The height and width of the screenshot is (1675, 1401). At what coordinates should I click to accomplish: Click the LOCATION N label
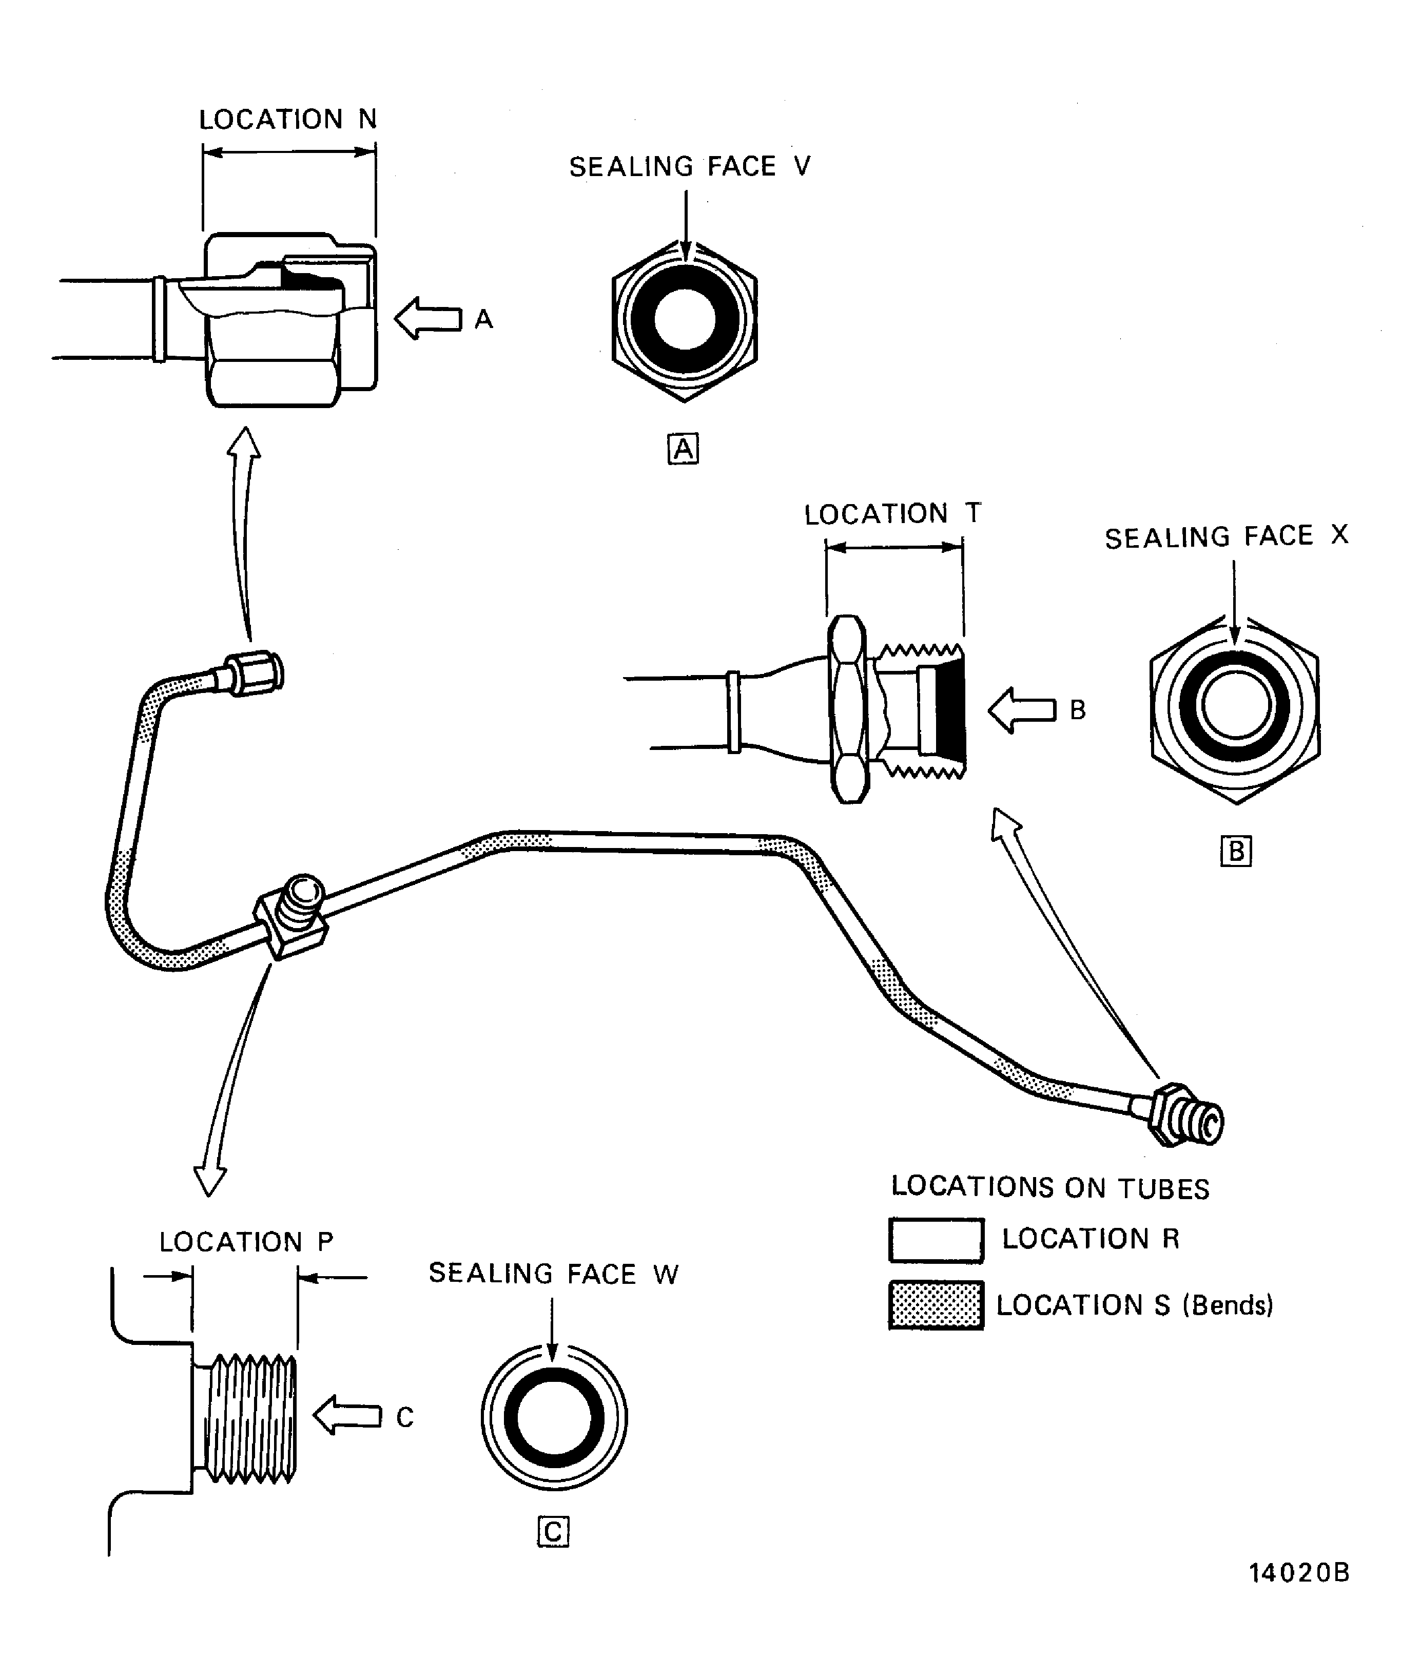[287, 120]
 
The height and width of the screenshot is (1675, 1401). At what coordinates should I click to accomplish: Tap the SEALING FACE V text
[689, 167]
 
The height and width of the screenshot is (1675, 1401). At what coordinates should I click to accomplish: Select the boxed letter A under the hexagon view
[683, 449]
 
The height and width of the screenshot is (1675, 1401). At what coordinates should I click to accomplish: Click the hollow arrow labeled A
[428, 318]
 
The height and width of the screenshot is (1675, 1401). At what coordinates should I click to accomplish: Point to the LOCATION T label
[891, 514]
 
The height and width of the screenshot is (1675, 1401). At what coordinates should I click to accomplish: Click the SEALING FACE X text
[1225, 537]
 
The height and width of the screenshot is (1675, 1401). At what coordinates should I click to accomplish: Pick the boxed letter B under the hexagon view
[1235, 852]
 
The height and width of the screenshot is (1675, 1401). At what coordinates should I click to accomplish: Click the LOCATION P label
[246, 1242]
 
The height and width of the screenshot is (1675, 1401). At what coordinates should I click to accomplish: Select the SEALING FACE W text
[553, 1274]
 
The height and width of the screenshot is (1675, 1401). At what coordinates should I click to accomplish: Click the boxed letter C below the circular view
[553, 1532]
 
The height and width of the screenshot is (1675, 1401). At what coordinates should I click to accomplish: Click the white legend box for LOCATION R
[936, 1240]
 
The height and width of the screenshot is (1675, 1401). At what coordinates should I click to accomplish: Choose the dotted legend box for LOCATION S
[936, 1306]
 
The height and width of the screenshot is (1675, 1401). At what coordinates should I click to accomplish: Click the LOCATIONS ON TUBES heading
[1049, 1188]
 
